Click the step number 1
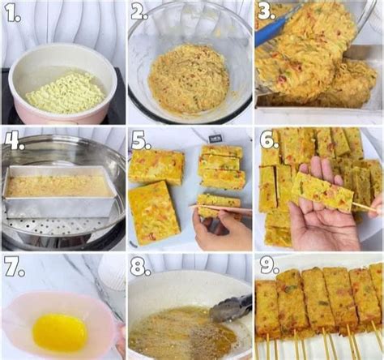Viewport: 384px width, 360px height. click(x=13, y=13)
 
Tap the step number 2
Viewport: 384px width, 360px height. click(x=139, y=12)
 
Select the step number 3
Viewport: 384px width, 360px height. click(x=267, y=12)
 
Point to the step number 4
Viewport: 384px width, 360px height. click(x=15, y=140)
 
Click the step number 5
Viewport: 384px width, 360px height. click(x=141, y=140)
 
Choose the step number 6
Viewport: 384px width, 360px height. click(x=269, y=139)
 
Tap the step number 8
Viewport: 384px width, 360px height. click(x=140, y=268)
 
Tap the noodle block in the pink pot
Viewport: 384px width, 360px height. click(x=66, y=92)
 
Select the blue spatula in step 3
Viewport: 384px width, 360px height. click(x=273, y=28)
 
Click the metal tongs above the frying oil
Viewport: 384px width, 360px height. click(x=231, y=309)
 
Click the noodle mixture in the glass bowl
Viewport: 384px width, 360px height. click(x=189, y=79)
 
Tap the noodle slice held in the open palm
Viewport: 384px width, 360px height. click(x=322, y=191)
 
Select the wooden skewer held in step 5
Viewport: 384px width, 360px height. click(x=221, y=209)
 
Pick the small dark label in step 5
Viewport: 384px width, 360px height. click(x=216, y=139)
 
